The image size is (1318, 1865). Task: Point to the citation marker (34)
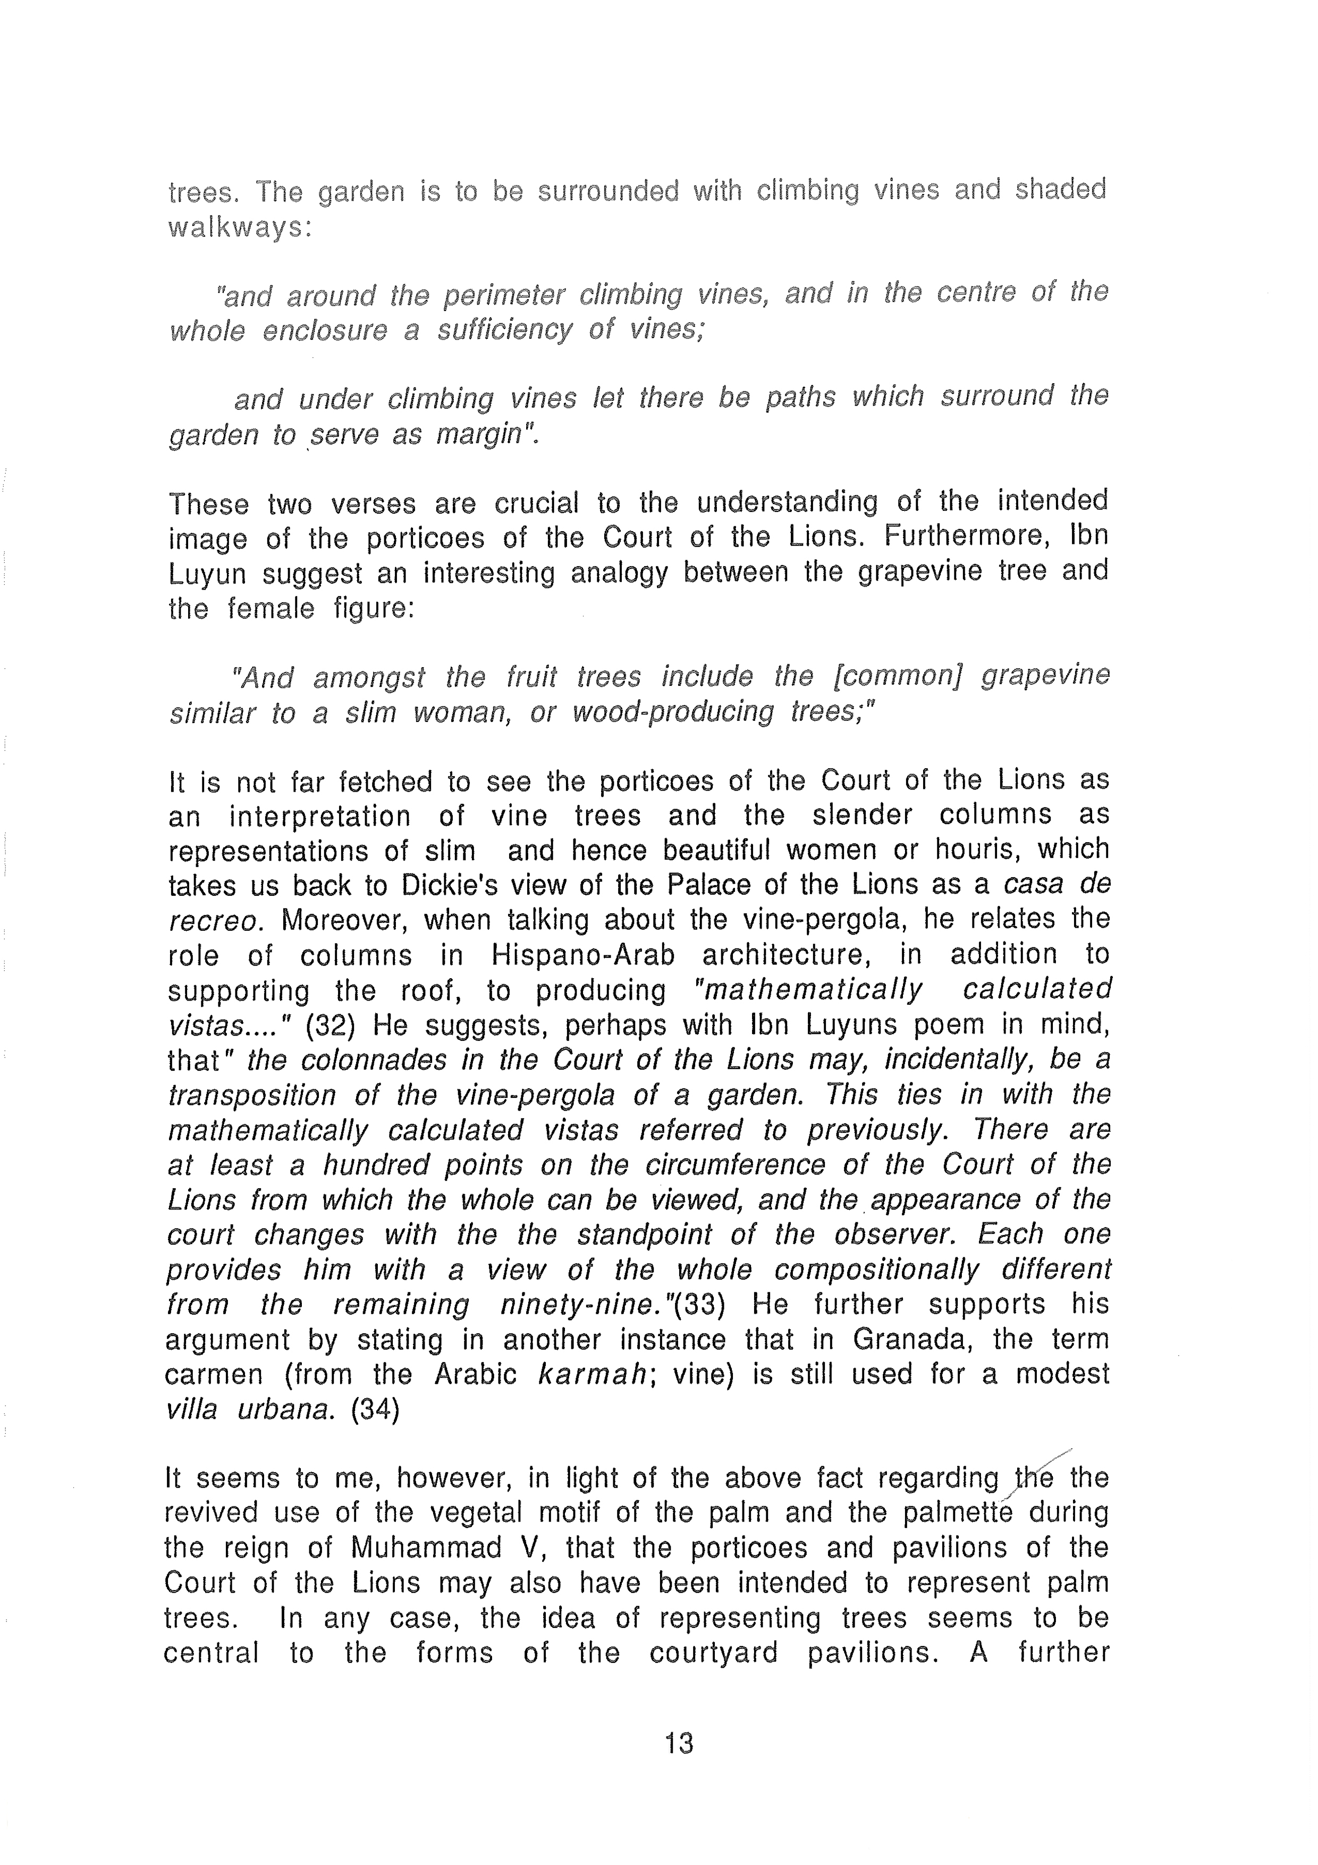click(x=375, y=1409)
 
